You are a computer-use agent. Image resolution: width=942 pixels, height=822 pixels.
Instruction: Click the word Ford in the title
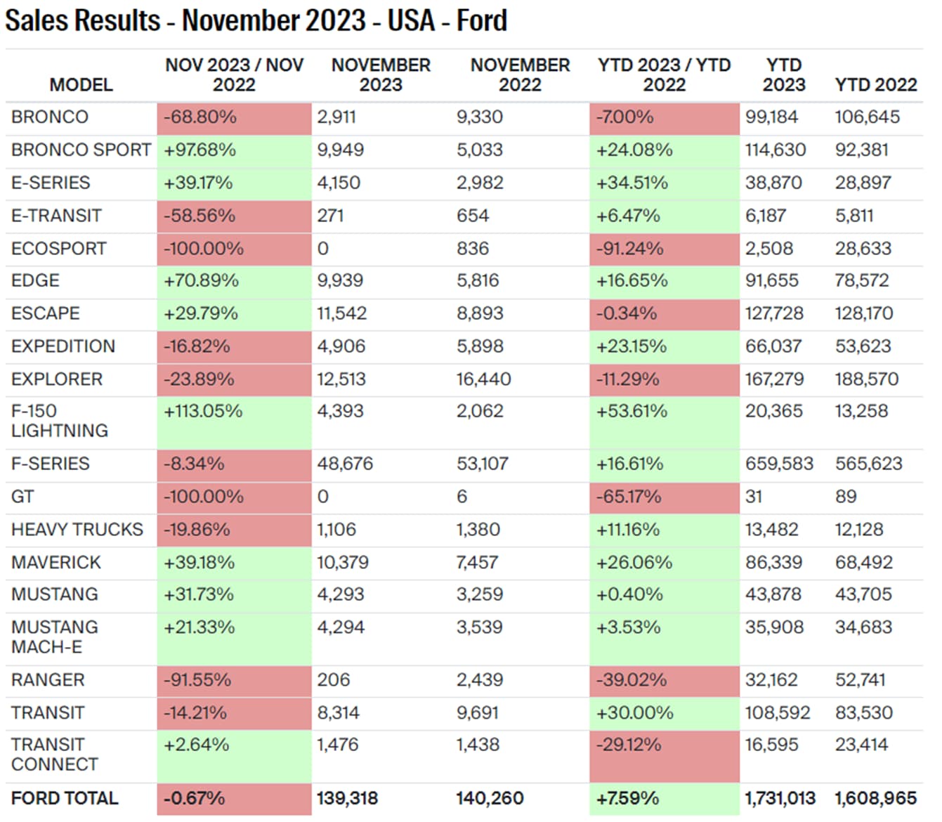coord(481,20)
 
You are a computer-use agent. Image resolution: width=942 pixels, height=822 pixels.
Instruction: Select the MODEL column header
coord(81,84)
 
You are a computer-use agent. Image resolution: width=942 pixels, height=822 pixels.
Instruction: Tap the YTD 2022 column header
coord(875,84)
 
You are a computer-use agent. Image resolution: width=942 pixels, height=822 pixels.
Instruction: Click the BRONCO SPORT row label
coord(81,150)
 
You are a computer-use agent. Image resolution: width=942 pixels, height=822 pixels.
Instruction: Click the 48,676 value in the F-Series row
coord(344,464)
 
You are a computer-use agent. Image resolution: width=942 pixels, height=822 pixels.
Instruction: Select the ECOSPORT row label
coord(59,248)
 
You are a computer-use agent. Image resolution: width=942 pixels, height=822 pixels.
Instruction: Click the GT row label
coord(22,497)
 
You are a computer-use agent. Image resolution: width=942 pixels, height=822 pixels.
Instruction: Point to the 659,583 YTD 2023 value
coord(778,464)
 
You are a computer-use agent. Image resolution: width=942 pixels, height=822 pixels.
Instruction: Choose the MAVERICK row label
coord(56,562)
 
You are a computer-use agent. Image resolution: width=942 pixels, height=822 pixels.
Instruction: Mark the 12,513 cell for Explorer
coord(341,379)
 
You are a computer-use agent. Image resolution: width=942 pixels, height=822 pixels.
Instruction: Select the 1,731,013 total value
coord(780,798)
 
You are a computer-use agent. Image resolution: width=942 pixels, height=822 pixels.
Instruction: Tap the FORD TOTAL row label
coord(65,798)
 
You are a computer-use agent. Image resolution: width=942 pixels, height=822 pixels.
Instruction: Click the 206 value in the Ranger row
coord(333,679)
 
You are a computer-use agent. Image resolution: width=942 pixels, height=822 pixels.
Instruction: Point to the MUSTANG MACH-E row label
coord(55,637)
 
